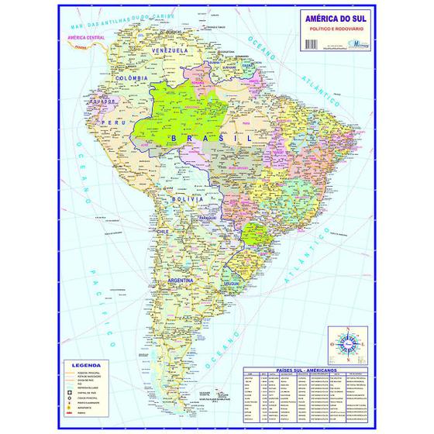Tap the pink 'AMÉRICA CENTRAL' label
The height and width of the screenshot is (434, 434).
point(87,36)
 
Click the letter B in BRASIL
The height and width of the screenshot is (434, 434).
point(176,136)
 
